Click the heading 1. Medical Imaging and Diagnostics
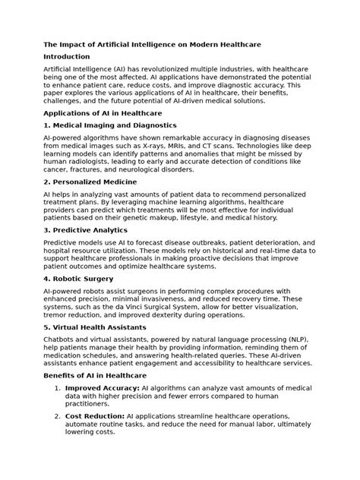tap(111, 125)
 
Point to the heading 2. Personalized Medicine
tap(90, 184)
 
